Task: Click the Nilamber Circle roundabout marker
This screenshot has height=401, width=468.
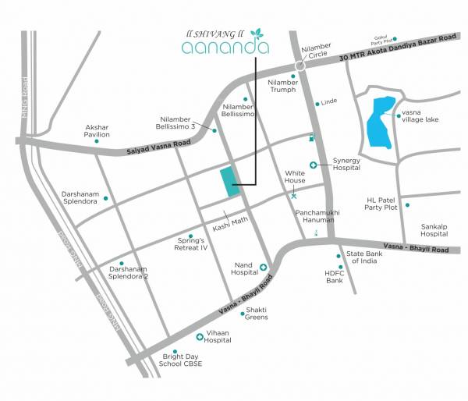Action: (x=300, y=67)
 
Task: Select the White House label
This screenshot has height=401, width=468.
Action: (x=294, y=176)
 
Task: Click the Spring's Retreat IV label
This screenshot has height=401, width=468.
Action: (x=193, y=244)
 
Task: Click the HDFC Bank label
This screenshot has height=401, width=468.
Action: (x=335, y=277)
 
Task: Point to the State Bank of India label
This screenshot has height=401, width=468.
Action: (x=363, y=258)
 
